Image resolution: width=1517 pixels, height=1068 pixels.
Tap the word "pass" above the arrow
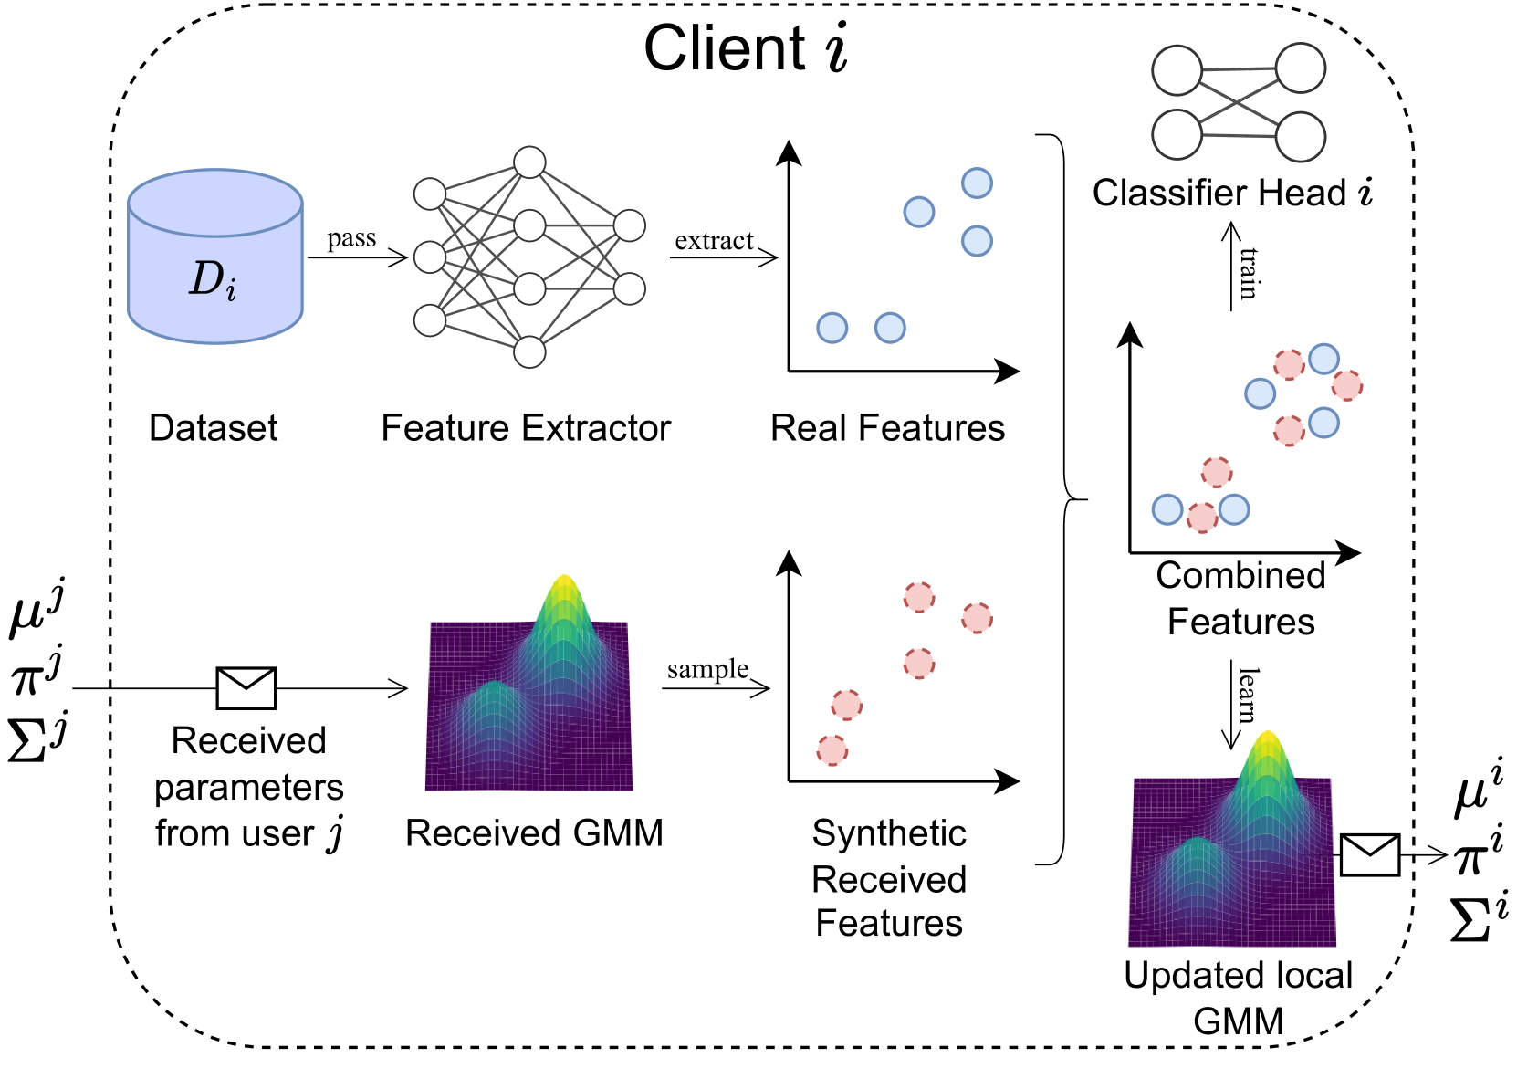[351, 239]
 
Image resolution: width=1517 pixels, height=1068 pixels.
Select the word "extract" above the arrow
[714, 241]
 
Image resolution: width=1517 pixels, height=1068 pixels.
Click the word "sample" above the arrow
[707, 670]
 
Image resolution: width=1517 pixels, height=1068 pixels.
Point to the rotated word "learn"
[1248, 695]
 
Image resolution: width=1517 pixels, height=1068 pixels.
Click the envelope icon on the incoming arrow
[246, 688]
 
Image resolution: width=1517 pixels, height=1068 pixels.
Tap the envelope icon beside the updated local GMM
[1369, 855]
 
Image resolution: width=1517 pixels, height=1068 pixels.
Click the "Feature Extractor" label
[526, 428]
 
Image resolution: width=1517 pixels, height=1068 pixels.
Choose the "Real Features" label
[887, 428]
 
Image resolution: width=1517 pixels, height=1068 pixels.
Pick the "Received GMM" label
[534, 833]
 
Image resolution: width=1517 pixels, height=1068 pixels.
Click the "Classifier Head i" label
[1232, 194]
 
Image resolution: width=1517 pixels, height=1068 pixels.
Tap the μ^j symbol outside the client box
[37, 607]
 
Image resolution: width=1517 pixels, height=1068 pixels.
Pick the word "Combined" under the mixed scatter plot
[1240, 576]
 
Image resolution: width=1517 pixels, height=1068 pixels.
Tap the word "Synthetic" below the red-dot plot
[889, 833]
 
